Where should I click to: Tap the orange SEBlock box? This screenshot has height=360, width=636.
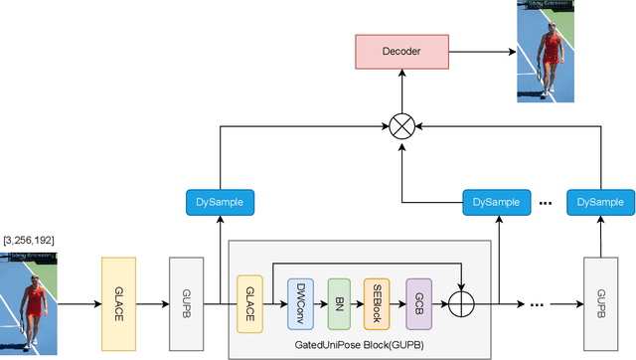click(x=376, y=303)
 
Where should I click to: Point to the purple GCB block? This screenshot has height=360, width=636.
click(x=417, y=303)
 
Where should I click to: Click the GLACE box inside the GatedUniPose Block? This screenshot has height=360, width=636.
click(x=249, y=303)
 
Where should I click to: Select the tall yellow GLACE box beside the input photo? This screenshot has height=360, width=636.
click(x=118, y=303)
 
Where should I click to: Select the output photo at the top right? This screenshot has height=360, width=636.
click(x=547, y=51)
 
